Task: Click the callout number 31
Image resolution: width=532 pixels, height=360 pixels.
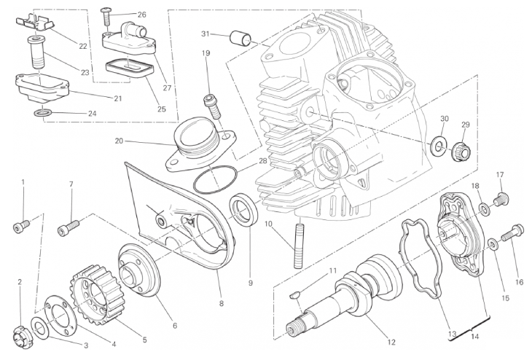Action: pyautogui.click(x=206, y=34)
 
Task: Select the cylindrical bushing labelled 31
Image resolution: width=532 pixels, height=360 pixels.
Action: pyautogui.click(x=240, y=36)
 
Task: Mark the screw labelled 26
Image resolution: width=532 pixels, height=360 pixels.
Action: pyautogui.click(x=107, y=15)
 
